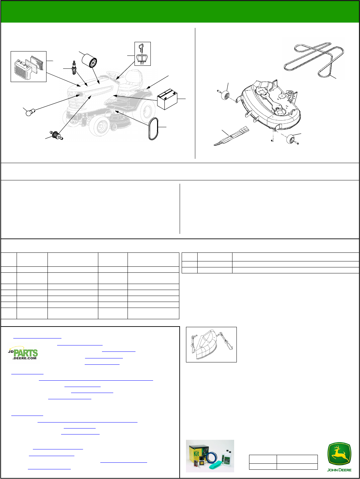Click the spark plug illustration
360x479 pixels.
pos(74,68)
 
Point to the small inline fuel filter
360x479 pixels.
pos(56,135)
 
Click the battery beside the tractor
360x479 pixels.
pos(167,99)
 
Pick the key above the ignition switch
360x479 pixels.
pos(141,48)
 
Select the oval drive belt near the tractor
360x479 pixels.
pos(153,129)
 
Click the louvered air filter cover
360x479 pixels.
pos(23,70)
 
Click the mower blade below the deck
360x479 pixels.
pos(231,136)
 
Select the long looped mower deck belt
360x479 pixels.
pos(314,59)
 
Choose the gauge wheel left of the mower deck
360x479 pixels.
pos(225,96)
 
